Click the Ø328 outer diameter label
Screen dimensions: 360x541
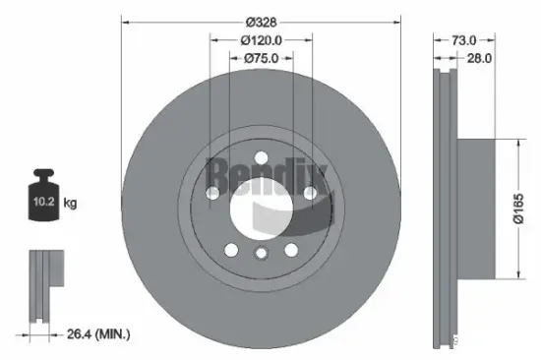click(x=262, y=21)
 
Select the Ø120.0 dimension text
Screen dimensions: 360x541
click(x=262, y=40)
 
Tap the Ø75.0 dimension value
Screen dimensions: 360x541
click(x=262, y=59)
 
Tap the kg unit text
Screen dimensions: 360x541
click(x=70, y=204)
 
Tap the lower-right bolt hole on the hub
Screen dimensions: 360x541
click(x=291, y=249)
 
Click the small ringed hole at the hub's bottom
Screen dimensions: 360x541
click(x=261, y=255)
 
